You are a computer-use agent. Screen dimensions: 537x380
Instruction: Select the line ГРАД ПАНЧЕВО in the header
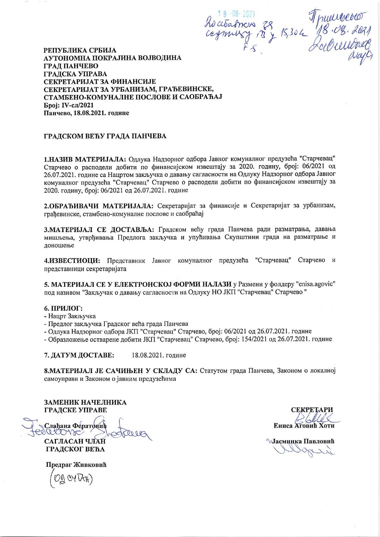pyautogui.click(x=71, y=66)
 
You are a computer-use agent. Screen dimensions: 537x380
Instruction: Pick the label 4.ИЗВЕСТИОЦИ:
pyautogui.click(x=72, y=261)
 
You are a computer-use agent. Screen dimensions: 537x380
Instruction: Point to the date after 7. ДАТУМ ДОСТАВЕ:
pyautogui.click(x=159, y=355)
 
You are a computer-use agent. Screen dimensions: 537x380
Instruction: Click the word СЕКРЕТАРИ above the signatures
pyautogui.click(x=312, y=410)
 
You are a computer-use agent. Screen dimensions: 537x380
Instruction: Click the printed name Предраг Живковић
pyautogui.click(x=76, y=464)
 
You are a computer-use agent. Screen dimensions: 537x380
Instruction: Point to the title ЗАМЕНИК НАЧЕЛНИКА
pyautogui.click(x=85, y=402)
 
